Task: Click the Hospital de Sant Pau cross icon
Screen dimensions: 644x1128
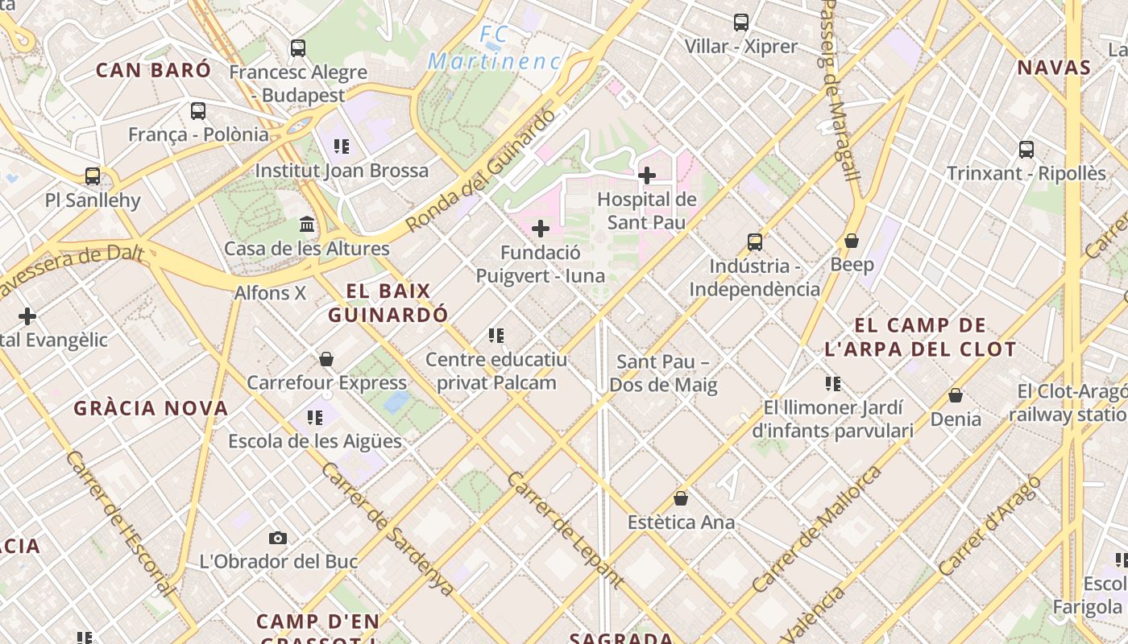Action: (646, 175)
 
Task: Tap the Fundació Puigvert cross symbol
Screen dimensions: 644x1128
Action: (541, 229)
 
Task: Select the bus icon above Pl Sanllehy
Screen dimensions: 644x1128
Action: (93, 176)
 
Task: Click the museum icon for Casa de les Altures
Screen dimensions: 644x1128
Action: (307, 224)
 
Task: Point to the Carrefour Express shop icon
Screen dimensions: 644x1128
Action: (326, 358)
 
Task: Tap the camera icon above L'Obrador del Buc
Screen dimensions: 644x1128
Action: (278, 538)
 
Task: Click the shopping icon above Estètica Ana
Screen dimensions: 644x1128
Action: (681, 498)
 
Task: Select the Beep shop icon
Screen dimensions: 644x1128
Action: (852, 241)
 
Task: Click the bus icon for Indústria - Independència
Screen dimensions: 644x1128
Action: (755, 242)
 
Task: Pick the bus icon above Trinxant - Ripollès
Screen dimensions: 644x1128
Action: (1026, 149)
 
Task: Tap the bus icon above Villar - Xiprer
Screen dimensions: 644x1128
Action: (741, 23)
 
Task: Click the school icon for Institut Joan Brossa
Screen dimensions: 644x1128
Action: (342, 147)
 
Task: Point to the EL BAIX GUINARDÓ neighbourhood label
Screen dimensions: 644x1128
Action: (388, 303)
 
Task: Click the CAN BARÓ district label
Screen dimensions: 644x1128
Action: (153, 70)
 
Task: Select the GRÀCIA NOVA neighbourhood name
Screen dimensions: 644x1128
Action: (151, 408)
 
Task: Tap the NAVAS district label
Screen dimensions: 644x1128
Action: (1054, 68)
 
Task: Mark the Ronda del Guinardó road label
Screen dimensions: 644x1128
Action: (481, 171)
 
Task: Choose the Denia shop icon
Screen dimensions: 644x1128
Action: (956, 395)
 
